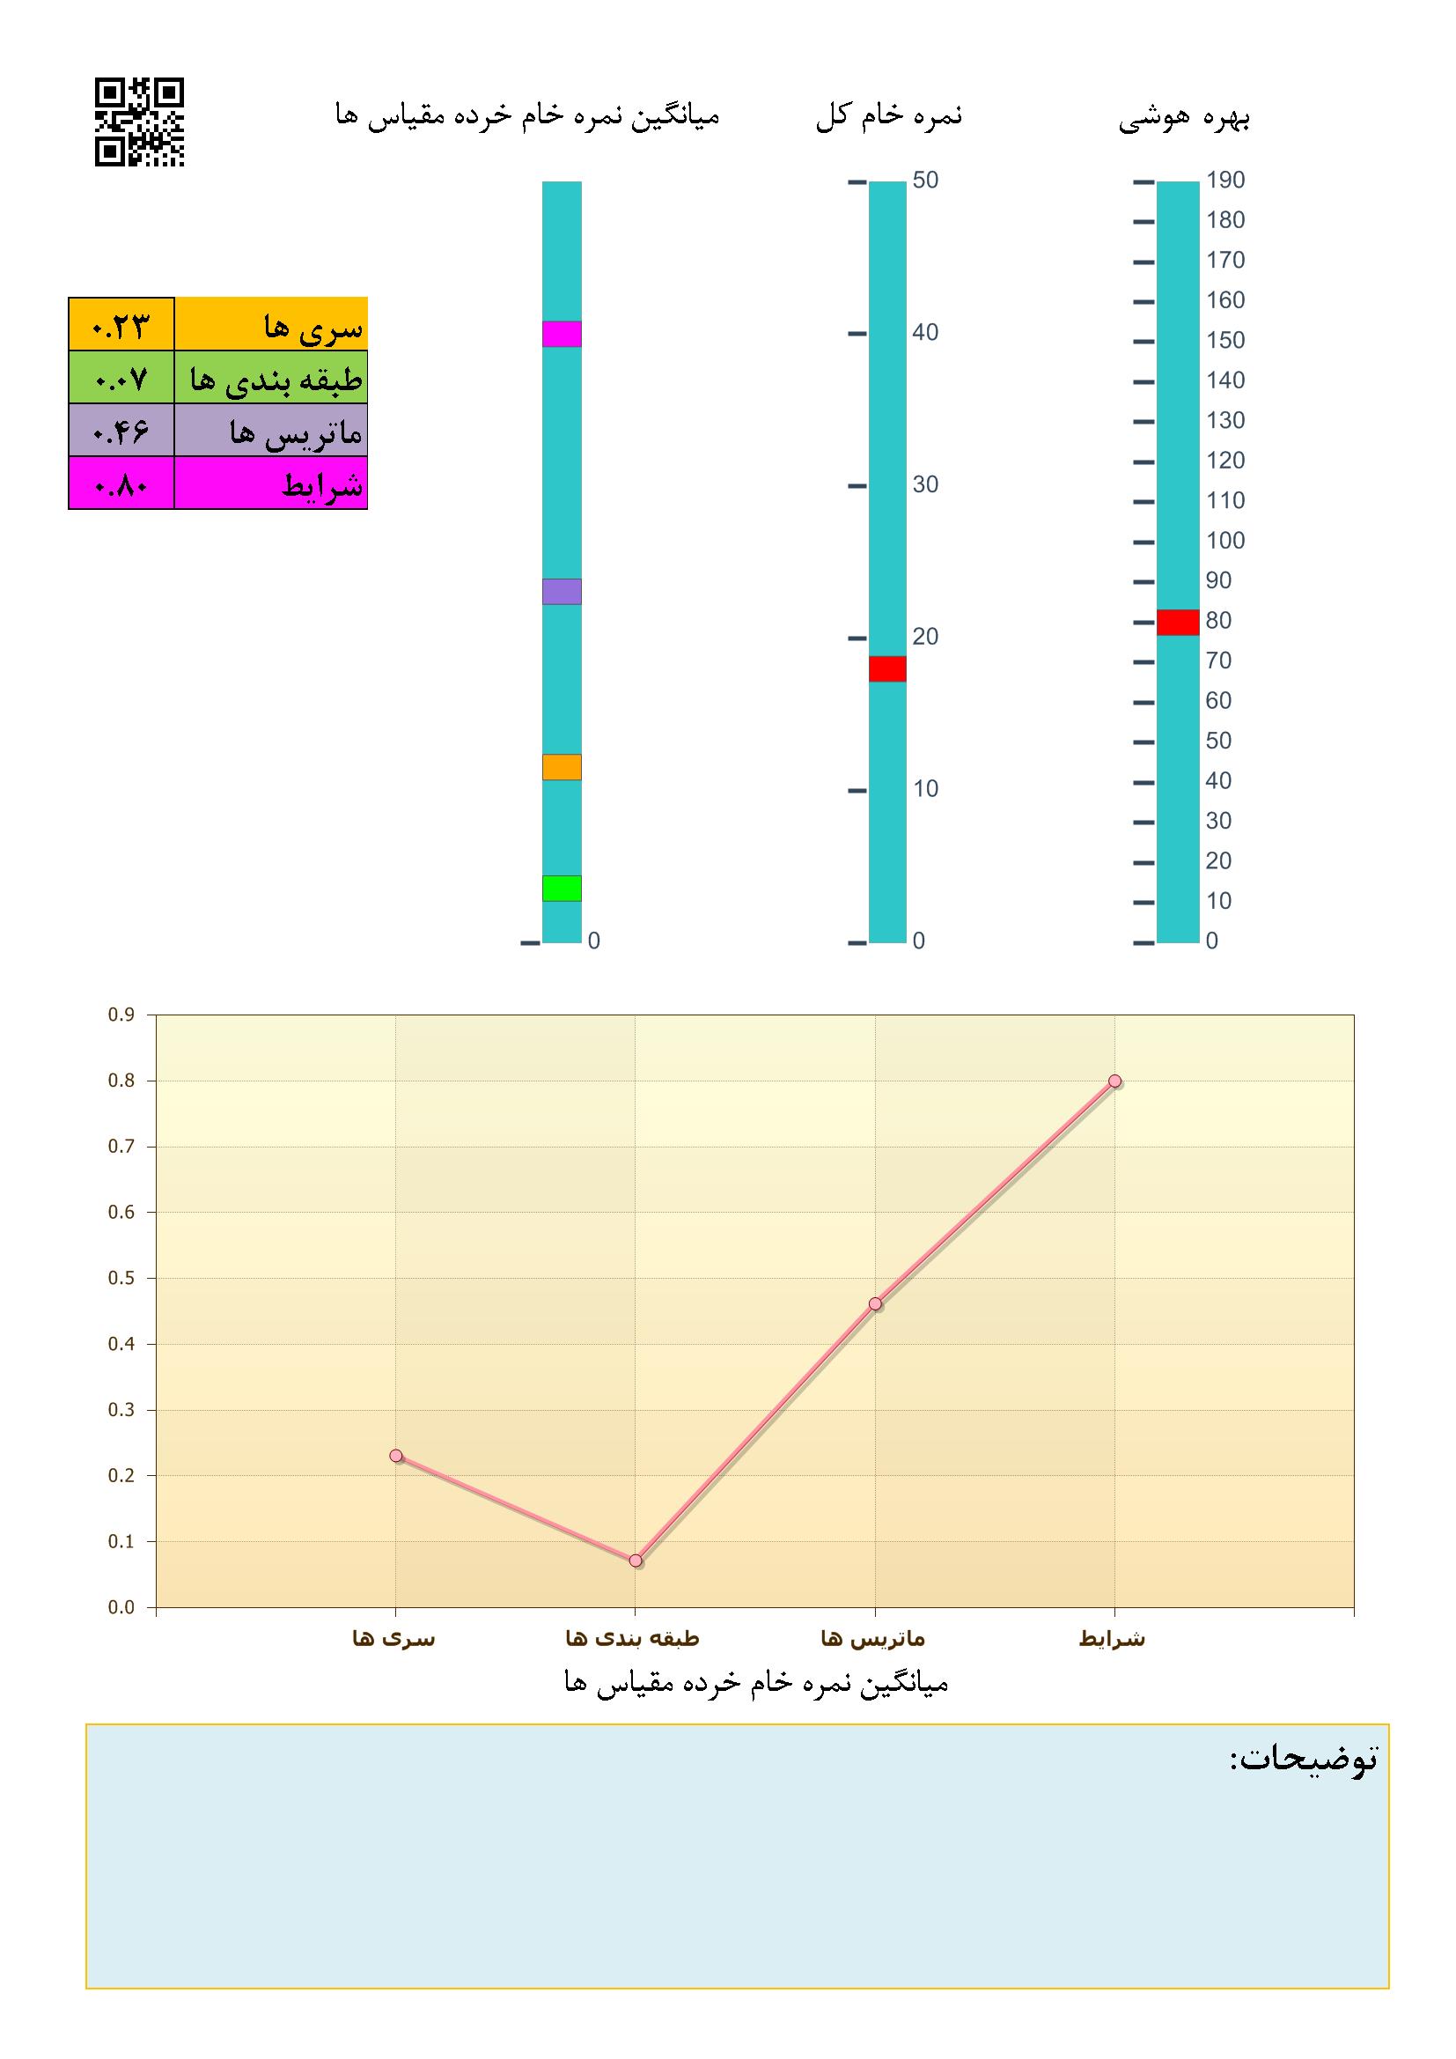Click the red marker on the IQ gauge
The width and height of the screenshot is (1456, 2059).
click(x=1177, y=622)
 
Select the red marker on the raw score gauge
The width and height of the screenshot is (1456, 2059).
click(x=886, y=668)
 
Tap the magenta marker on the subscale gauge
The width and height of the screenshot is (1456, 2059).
click(x=562, y=334)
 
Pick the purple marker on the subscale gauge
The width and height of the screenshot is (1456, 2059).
click(x=562, y=591)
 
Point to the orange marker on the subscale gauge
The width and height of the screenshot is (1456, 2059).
click(x=562, y=767)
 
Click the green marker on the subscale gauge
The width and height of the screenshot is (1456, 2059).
click(x=562, y=888)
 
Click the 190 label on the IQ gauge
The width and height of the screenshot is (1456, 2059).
click(x=1225, y=181)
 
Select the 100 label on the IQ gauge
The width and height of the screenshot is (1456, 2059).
click(x=1225, y=541)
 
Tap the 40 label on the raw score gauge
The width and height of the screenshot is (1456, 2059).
click(x=925, y=333)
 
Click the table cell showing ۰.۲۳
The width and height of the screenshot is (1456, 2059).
click(x=121, y=324)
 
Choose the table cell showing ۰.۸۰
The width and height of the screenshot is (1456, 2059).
click(x=121, y=483)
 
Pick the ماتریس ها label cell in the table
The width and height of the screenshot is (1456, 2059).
click(x=271, y=431)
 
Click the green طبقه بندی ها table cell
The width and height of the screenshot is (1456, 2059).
click(x=271, y=378)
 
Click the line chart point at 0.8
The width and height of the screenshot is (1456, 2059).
click(x=1114, y=1081)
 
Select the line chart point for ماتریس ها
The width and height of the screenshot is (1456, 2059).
click(x=875, y=1304)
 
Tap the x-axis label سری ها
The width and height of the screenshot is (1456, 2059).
click(x=393, y=1639)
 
